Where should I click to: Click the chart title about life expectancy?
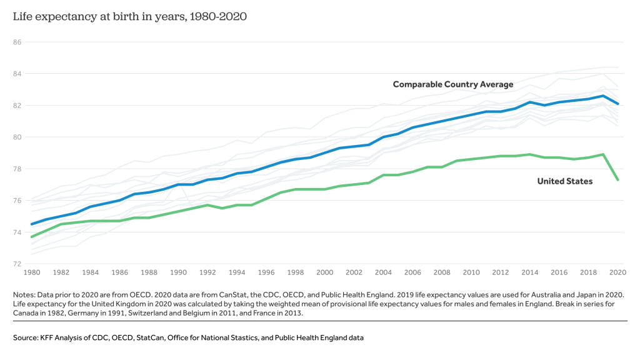click(130, 17)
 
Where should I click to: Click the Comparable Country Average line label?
click(452, 84)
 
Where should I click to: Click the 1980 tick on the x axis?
click(31, 273)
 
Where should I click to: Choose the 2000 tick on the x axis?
click(325, 273)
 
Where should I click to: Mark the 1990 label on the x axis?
click(178, 273)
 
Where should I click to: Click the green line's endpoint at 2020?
click(618, 180)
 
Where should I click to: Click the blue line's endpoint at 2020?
click(618, 104)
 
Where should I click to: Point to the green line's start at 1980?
click(31, 237)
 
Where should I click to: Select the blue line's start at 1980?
click(31, 224)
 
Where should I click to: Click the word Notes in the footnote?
click(24, 294)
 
